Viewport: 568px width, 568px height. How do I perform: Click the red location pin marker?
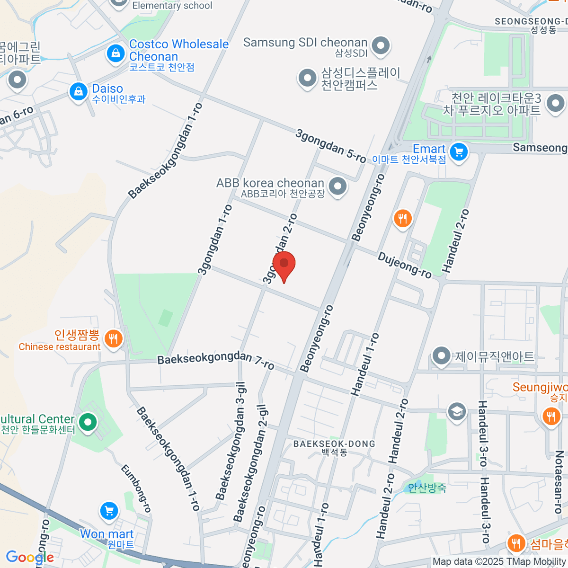tap(284, 265)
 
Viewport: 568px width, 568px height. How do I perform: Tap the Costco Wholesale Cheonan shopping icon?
tap(115, 53)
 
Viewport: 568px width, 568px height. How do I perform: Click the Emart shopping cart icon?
tap(458, 152)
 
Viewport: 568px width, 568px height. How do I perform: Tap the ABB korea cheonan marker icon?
tap(337, 186)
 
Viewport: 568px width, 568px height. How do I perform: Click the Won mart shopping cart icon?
tap(109, 511)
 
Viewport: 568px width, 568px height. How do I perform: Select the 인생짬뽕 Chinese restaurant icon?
tap(113, 339)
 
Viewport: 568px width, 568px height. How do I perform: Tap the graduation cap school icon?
tap(456, 411)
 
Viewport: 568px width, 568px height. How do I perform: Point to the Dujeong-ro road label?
tap(405, 265)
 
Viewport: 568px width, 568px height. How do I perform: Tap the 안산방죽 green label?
tap(427, 487)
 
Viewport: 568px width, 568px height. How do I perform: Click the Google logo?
tap(30, 557)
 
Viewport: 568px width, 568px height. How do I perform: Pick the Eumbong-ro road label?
tap(136, 488)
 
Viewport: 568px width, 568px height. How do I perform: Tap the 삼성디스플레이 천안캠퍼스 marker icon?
tap(307, 78)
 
